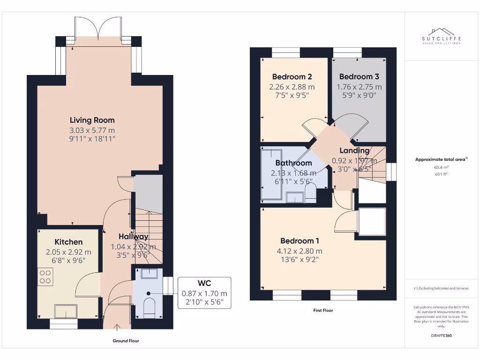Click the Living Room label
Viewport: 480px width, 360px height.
92,120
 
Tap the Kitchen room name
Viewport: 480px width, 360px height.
68,242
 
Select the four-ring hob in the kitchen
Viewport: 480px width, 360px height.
45,276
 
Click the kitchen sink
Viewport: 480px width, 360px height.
66,311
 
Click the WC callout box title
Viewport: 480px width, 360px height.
204,283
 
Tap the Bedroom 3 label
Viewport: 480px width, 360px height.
359,76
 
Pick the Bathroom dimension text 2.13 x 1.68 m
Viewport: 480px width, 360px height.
293,172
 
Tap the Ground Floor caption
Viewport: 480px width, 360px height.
126,341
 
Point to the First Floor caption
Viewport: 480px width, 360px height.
323,310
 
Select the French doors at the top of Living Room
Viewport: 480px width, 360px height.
98,29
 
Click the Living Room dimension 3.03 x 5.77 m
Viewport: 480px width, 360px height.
92,130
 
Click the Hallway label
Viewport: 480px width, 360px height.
133,237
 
